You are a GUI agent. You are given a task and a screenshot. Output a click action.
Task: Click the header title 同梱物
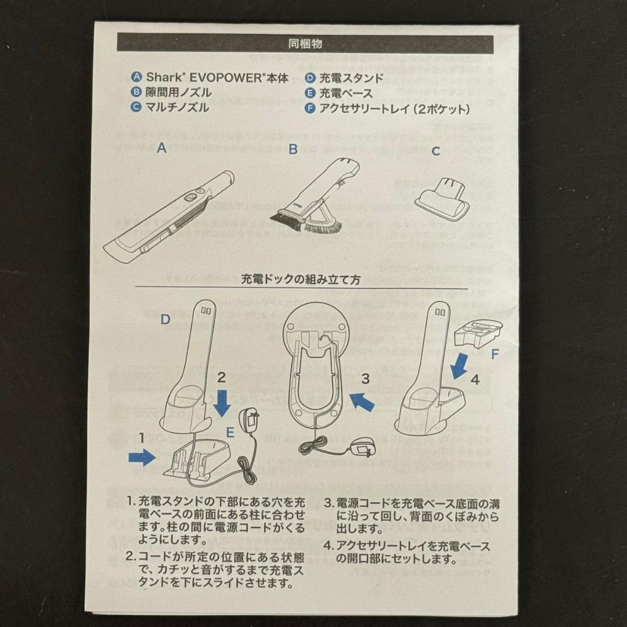click(305, 44)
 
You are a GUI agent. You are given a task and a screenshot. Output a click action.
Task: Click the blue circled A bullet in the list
click(136, 77)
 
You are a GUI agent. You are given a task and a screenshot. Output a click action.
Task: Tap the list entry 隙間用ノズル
click(178, 92)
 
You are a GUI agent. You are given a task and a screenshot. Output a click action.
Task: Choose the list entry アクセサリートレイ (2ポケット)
click(394, 108)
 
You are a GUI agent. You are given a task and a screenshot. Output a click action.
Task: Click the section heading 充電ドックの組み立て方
click(301, 279)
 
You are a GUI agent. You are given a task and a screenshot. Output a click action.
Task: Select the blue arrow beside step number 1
click(141, 458)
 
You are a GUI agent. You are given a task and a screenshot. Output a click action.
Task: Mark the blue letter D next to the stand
click(165, 319)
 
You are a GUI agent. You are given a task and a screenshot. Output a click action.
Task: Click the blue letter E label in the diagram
click(230, 432)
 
